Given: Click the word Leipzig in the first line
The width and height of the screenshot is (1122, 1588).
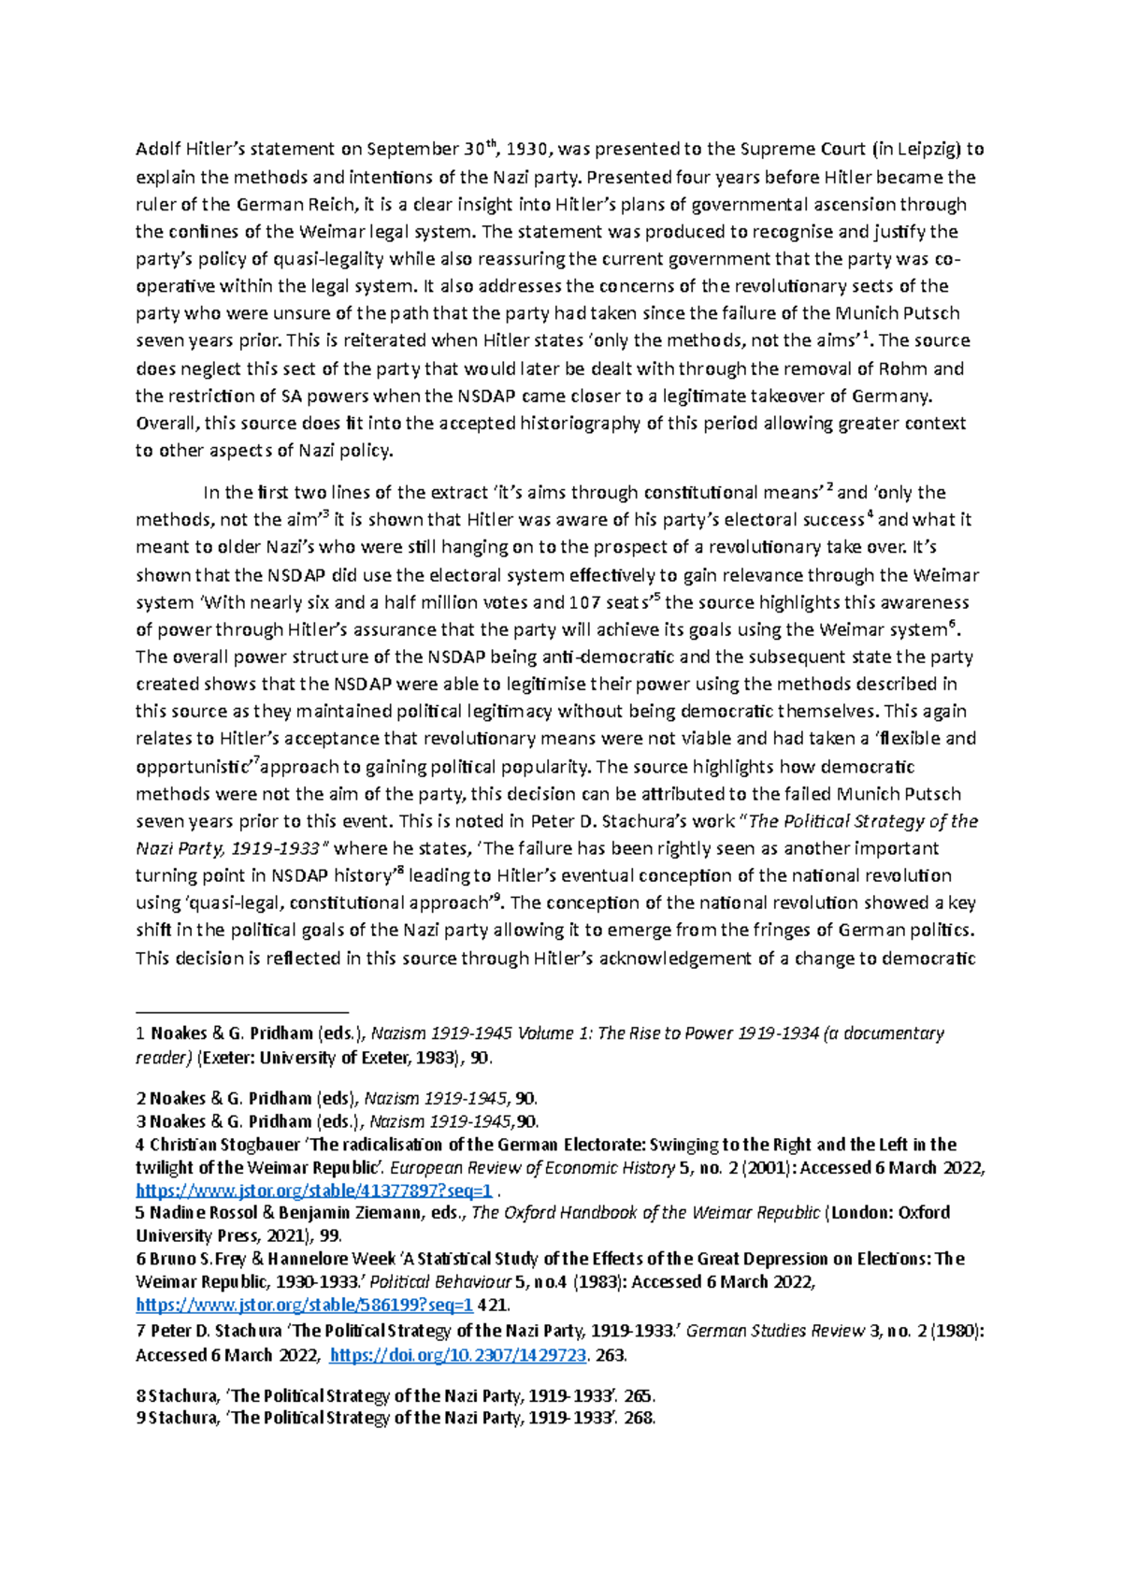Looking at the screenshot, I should point(923,150).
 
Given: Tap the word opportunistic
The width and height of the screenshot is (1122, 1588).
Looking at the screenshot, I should point(191,768).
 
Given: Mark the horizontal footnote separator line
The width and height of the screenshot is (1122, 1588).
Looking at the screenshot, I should point(241,1012).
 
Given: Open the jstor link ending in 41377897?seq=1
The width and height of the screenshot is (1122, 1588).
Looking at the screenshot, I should point(314,1191).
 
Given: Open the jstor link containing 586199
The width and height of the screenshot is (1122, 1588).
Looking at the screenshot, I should point(305,1305).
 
